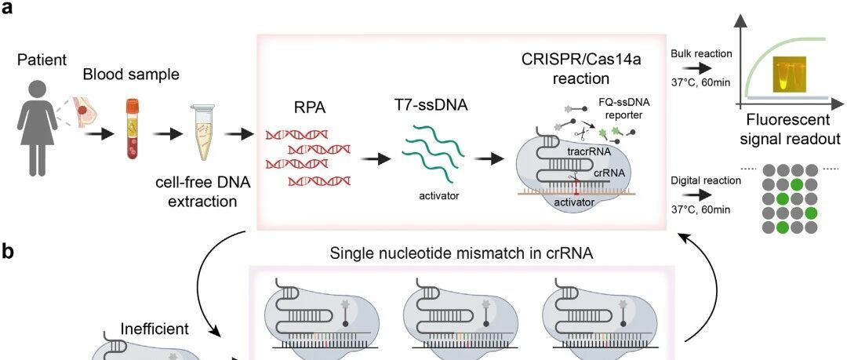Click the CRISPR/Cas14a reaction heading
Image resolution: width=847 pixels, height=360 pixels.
tap(580, 68)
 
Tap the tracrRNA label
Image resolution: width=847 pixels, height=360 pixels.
tap(589, 152)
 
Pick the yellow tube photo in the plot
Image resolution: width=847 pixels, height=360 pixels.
tap(789, 73)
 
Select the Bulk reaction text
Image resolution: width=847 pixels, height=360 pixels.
tap(701, 54)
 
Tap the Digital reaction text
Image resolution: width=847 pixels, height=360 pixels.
tap(706, 181)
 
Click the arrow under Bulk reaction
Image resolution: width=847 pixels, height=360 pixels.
tap(696, 69)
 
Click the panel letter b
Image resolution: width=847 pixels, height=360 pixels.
tap(9, 253)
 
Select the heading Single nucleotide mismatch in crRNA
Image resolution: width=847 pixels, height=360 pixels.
tap(463, 253)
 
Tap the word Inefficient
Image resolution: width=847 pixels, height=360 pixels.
tap(154, 329)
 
